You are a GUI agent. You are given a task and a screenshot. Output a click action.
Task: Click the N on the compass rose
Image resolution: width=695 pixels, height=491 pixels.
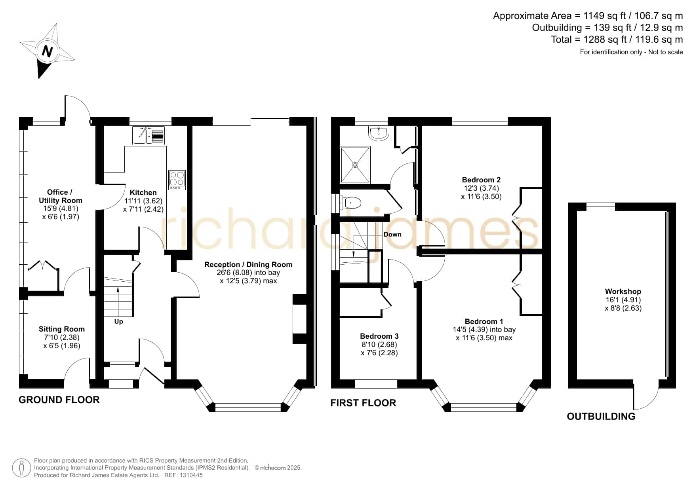pos(48,51)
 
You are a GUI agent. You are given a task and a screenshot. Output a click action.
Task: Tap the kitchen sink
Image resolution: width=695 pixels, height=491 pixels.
pos(149,136)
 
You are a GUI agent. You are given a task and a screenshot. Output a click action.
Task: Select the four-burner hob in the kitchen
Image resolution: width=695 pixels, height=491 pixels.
pos(177,180)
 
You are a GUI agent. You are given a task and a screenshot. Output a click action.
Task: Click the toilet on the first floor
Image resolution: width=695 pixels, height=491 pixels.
pos(350,203)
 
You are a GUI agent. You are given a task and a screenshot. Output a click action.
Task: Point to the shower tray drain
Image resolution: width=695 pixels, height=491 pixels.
pos(355,165)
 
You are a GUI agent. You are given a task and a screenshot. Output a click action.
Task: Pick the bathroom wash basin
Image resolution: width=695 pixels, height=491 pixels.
pos(379,133)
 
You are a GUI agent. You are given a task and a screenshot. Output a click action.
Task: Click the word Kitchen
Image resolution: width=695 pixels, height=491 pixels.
pos(143,193)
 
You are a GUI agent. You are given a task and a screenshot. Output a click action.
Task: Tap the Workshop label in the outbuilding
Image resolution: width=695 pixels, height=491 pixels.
pos(623,292)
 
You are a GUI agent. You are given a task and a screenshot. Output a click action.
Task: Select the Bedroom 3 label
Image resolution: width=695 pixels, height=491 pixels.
pos(379,336)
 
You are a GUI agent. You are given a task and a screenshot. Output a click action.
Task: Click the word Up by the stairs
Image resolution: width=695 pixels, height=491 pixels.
pos(118,322)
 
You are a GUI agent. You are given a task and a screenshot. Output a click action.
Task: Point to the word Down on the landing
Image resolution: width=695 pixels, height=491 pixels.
pos(392,234)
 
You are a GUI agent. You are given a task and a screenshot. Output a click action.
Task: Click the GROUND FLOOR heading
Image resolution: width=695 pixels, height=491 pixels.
pos(59,400)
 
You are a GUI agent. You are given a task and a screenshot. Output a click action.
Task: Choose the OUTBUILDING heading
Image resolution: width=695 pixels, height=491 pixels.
pos(601,416)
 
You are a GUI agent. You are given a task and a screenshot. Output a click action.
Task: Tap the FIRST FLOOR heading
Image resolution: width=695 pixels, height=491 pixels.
pos(363,403)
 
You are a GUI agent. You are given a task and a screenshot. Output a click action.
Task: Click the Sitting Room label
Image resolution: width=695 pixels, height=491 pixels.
pos(62,329)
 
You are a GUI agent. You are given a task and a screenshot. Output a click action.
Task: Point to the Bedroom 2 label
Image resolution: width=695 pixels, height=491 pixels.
pos(482,180)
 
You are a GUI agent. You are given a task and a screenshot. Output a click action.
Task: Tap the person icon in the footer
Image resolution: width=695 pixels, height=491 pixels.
pos(21,468)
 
